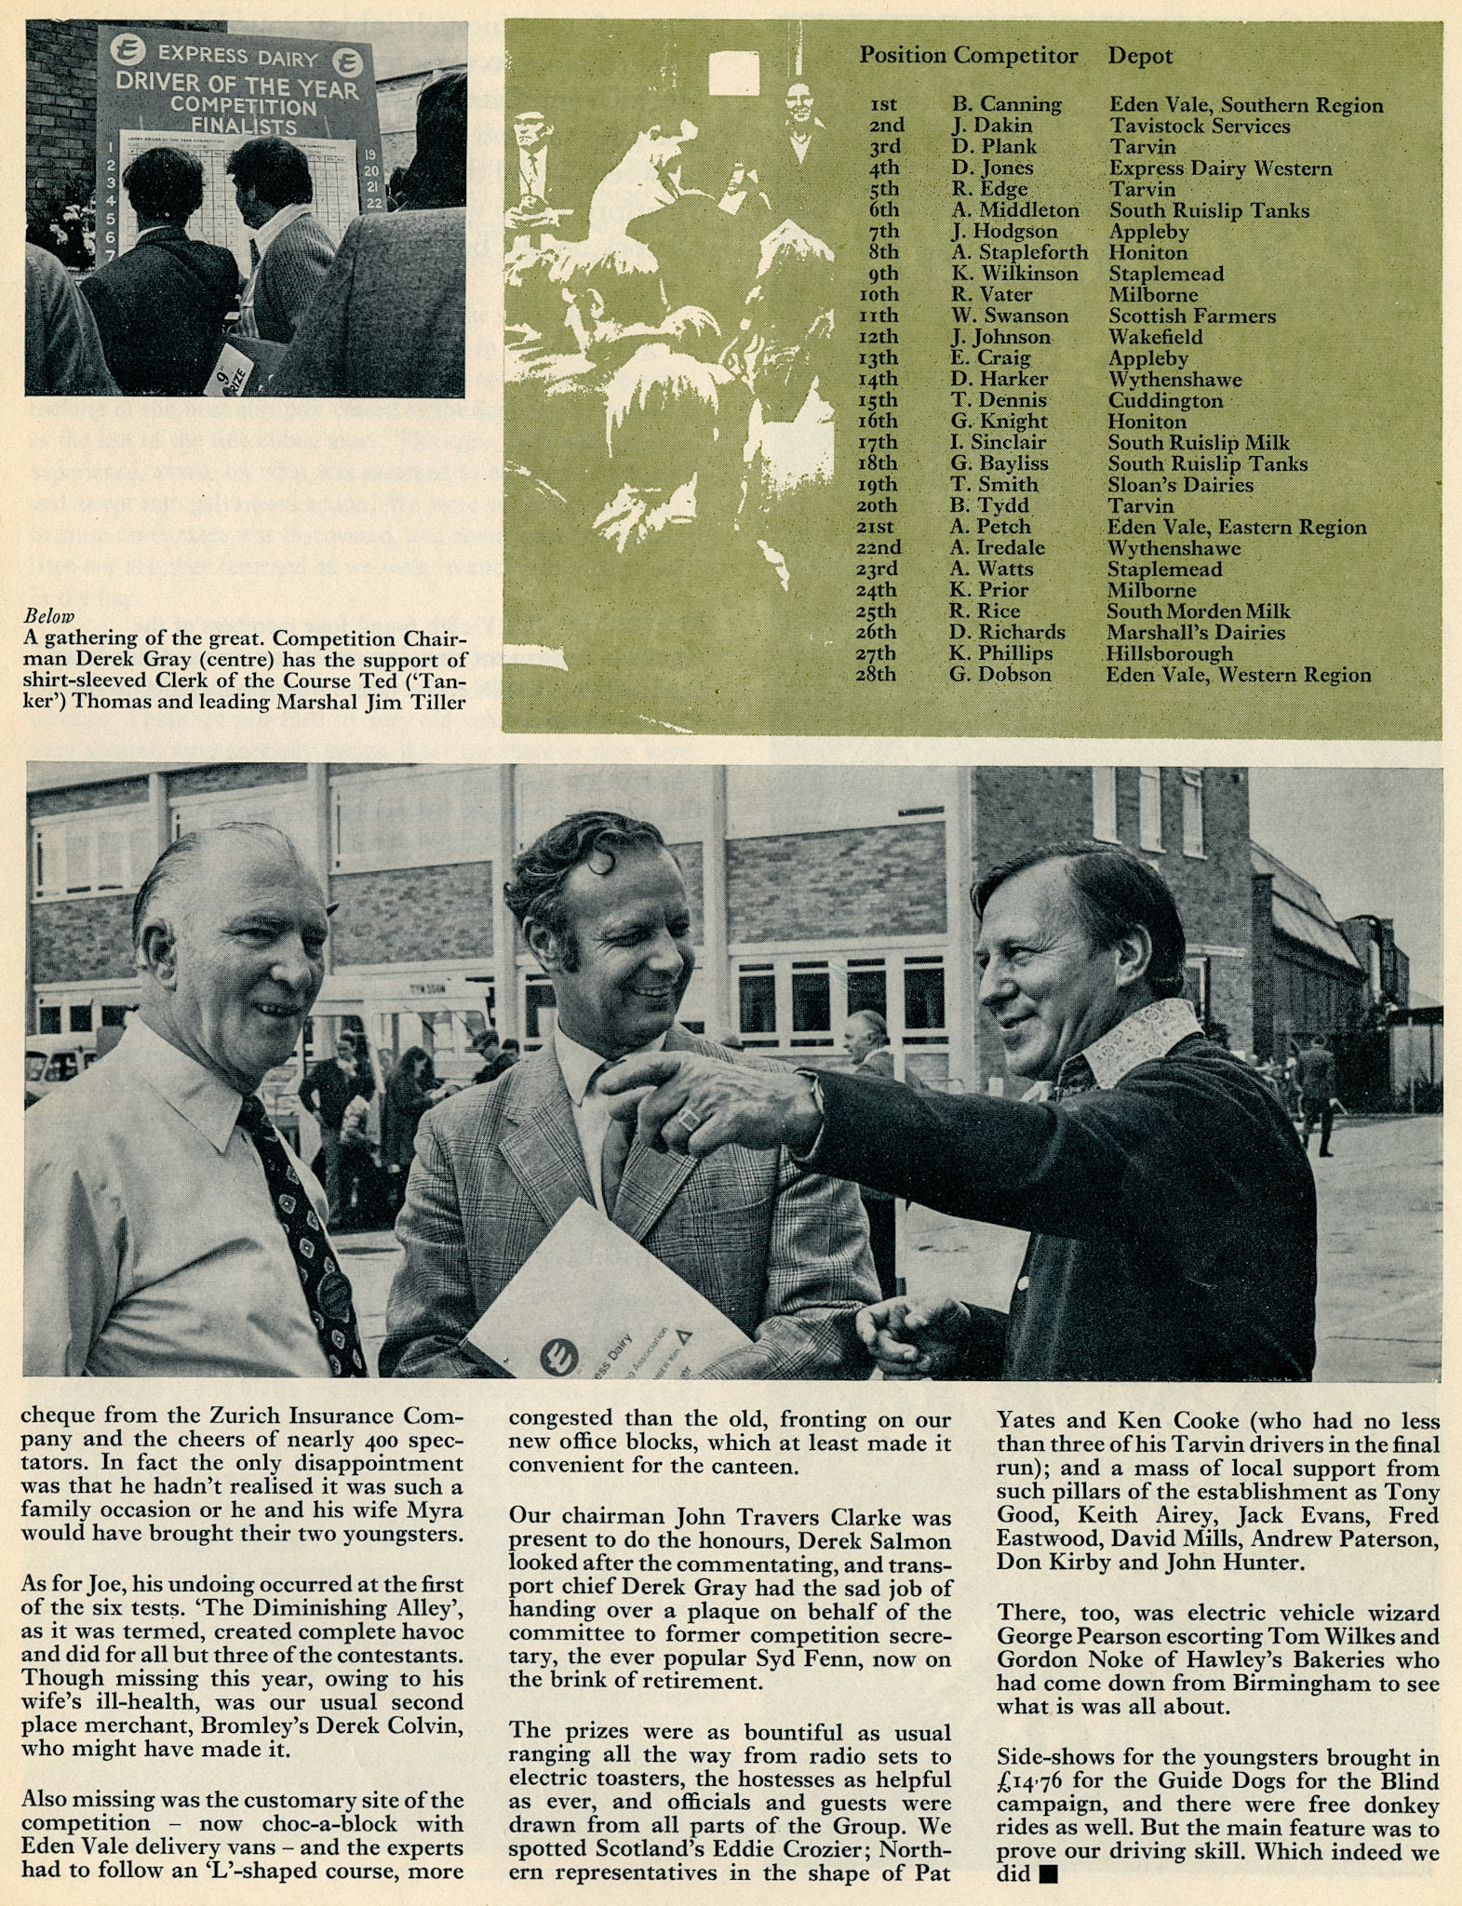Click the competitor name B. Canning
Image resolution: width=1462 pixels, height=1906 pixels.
[1006, 104]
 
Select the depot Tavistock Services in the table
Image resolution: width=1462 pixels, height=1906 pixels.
[1199, 126]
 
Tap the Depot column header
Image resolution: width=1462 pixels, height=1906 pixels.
[1139, 56]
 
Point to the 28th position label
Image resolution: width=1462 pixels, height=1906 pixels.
[876, 674]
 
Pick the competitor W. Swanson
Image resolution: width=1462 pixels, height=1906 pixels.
[1009, 315]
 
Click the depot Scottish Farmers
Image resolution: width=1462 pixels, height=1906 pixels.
[1191, 315]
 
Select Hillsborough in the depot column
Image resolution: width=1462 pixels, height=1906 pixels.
[1169, 653]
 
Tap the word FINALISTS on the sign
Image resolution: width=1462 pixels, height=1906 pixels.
[244, 126]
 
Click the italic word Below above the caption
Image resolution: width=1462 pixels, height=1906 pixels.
[48, 616]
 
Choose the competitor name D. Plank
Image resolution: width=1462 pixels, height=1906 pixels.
[993, 147]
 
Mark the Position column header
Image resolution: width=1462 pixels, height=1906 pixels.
[902, 56]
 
